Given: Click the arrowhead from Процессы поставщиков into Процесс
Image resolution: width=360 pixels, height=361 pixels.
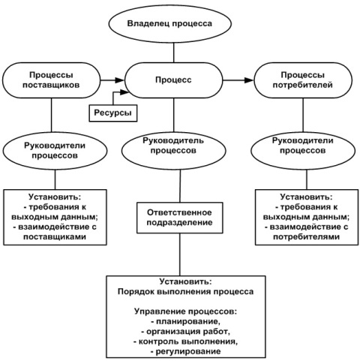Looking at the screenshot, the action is click(x=120, y=80).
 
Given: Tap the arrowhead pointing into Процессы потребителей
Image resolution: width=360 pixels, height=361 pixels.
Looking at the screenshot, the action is click(x=249, y=80).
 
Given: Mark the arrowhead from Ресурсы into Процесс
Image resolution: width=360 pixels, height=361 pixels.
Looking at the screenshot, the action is click(x=124, y=92).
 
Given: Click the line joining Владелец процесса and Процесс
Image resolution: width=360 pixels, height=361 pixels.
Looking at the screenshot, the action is click(x=173, y=53).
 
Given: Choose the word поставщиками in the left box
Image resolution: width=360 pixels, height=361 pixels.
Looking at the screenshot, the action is click(x=55, y=236).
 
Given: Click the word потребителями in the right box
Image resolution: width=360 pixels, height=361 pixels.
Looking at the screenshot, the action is click(x=307, y=236).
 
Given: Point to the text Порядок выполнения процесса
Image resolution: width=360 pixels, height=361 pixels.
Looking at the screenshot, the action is click(x=185, y=292).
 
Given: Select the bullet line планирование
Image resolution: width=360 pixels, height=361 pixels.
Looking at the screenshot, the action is click(x=186, y=321).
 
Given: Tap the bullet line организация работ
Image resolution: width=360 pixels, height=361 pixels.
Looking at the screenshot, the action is click(x=185, y=332).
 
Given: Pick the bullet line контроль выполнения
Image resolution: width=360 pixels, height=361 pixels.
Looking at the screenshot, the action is click(x=186, y=341).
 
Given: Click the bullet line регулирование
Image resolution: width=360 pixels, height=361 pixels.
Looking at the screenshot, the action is click(x=186, y=351).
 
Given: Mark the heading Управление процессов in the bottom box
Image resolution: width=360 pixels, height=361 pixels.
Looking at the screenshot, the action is click(x=185, y=311).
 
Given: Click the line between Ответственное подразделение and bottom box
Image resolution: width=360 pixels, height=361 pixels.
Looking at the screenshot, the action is click(x=180, y=254).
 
